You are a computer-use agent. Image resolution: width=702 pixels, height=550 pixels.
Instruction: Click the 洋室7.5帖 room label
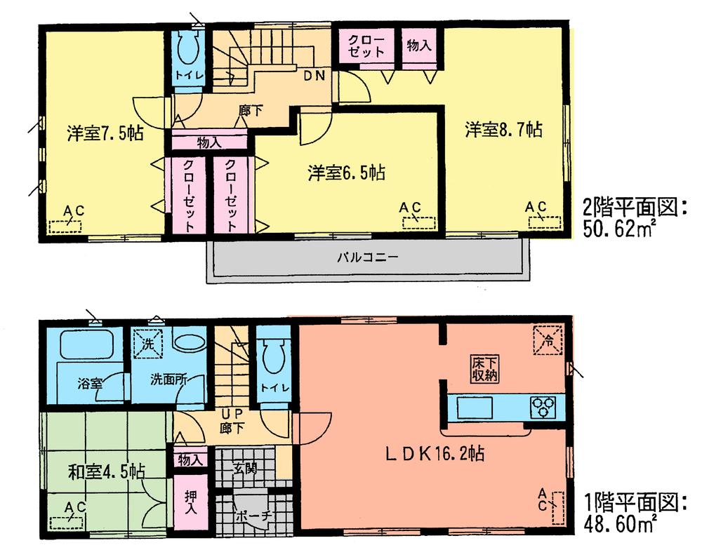click(x=105, y=133)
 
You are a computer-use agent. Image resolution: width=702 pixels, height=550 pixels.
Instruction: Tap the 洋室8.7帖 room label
click(x=503, y=129)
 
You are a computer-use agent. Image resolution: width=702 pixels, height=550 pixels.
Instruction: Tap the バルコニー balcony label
click(x=367, y=257)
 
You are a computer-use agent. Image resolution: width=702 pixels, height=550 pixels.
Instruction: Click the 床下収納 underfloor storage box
click(x=484, y=369)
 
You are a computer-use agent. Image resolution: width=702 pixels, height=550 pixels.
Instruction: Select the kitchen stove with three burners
click(x=543, y=406)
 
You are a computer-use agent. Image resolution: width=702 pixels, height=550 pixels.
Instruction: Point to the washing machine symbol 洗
click(x=148, y=344)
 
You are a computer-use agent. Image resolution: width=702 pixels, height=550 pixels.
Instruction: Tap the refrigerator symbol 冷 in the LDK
click(x=548, y=341)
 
